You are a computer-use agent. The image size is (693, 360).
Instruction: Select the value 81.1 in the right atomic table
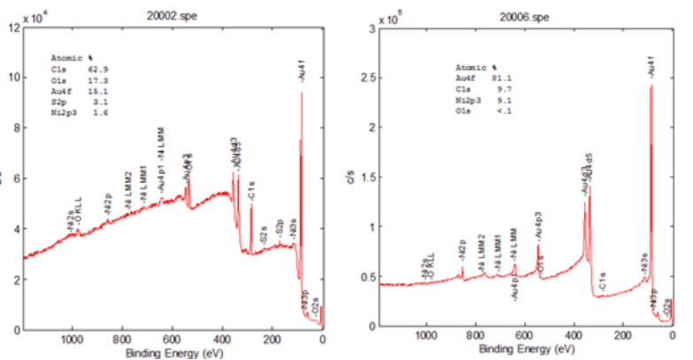pos(498,80)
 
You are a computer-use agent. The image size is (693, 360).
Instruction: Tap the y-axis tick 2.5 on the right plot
pos(363,78)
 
